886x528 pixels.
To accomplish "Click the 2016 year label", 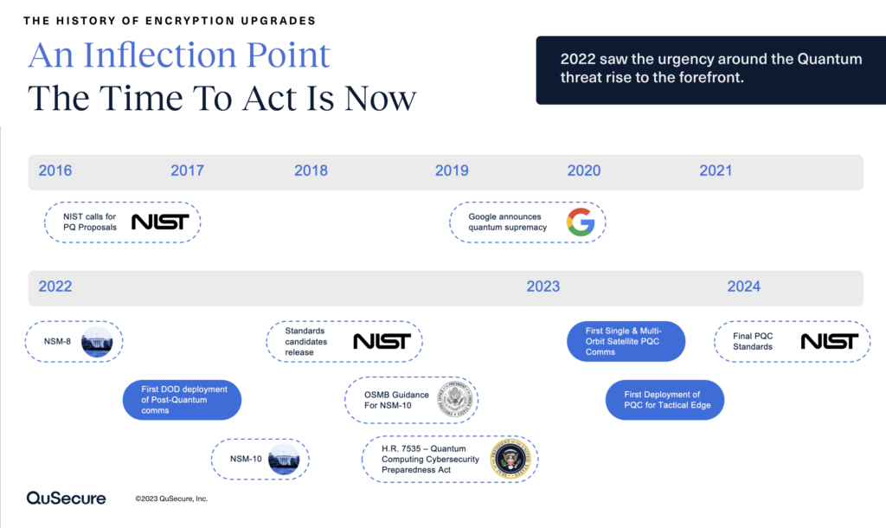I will (55, 171).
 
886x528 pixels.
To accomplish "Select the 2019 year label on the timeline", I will (452, 171).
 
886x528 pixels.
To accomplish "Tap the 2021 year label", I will (716, 171).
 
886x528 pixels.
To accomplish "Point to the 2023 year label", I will (543, 287).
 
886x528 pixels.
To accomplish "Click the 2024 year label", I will (744, 287).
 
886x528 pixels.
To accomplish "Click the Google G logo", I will (581, 222).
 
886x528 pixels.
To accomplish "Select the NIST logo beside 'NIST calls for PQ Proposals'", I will (160, 222).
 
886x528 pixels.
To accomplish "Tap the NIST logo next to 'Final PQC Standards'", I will (829, 341).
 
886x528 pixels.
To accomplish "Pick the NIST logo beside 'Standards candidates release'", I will (381, 341).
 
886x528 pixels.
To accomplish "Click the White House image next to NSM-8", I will (97, 342).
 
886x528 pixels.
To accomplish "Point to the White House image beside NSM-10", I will (283, 460).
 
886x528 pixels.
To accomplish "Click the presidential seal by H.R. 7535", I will (509, 458).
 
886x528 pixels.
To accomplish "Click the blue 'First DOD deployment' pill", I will (183, 400).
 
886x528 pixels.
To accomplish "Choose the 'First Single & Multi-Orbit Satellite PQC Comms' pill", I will (626, 341).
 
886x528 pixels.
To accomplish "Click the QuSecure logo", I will (66, 498).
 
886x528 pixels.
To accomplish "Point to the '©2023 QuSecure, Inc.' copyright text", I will (171, 499).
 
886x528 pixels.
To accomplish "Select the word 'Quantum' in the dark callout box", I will (829, 59).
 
